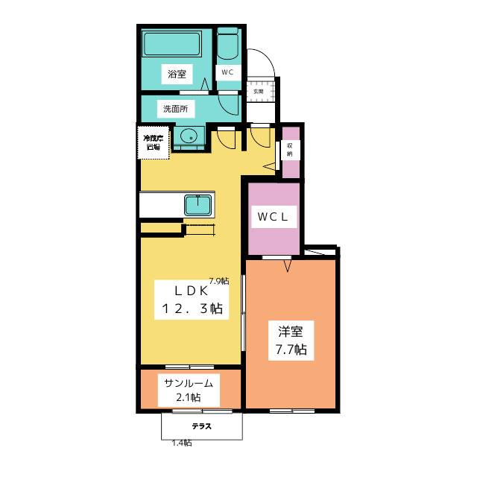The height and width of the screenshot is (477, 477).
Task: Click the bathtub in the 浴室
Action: coord(173,44)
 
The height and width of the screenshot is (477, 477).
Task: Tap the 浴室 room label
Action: coord(177,74)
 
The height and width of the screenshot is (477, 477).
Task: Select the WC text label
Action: coord(227,72)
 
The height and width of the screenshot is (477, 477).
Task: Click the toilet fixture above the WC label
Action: coord(228,47)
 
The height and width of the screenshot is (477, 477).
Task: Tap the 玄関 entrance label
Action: coord(258,91)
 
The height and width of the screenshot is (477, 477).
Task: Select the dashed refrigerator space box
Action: coord(154,142)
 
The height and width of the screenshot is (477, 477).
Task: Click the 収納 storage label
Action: coord(289,149)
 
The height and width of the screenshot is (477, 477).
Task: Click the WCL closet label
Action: coord(273,217)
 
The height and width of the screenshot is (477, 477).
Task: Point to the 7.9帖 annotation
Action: coord(218,281)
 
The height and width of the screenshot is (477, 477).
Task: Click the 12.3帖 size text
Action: coord(190,309)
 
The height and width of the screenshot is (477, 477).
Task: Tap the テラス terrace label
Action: coord(201,427)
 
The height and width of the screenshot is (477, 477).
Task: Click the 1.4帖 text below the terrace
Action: coord(182,443)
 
